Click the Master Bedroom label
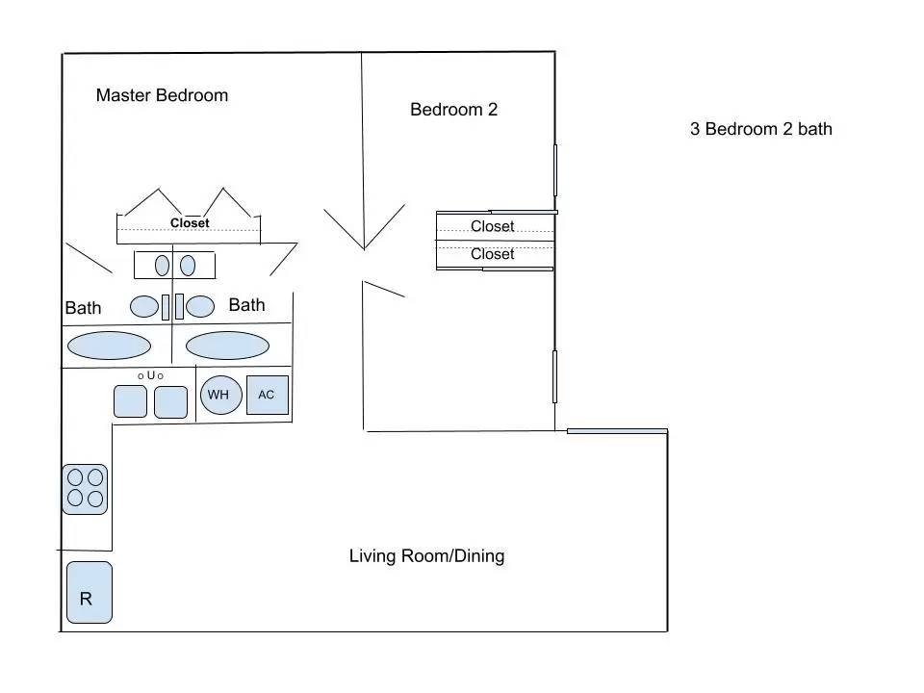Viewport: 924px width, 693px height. (x=162, y=95)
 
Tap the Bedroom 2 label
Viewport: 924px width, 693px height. (x=453, y=110)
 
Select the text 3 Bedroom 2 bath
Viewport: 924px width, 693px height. (x=760, y=129)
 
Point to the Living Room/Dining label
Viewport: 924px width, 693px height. (x=426, y=556)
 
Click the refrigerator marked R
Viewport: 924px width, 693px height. (x=90, y=592)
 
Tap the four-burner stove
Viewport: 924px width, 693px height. (x=85, y=489)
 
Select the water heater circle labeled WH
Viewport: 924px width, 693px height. (x=221, y=395)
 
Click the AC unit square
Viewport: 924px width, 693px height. (x=268, y=395)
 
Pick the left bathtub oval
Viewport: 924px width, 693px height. (x=109, y=346)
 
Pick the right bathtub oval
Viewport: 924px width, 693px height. (x=227, y=346)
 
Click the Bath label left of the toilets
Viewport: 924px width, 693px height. (x=83, y=308)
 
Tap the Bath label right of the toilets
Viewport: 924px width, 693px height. (x=247, y=305)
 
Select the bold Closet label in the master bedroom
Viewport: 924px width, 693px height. (x=190, y=223)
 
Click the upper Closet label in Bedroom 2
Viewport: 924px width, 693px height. (x=493, y=226)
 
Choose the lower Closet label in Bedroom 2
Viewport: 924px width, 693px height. (x=493, y=254)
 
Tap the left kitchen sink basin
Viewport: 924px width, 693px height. (x=130, y=401)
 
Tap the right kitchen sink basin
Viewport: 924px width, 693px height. (x=171, y=402)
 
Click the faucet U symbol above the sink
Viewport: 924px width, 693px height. (x=151, y=375)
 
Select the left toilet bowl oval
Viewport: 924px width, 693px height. (x=144, y=306)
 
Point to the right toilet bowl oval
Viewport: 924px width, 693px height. (x=200, y=306)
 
